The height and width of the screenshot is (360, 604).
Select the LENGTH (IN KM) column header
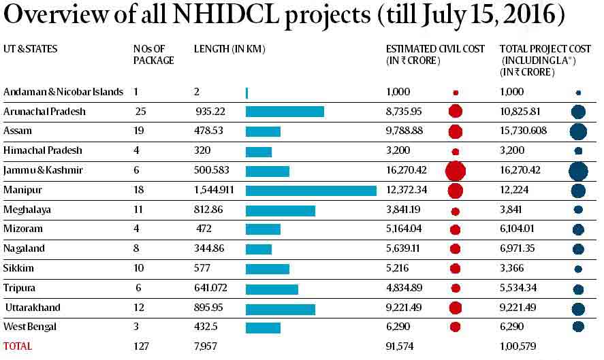[x=229, y=49]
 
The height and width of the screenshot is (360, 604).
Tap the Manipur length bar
[x=311, y=191]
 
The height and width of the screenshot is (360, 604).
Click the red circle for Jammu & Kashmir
[x=455, y=171]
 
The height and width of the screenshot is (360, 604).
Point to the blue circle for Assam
[x=578, y=131]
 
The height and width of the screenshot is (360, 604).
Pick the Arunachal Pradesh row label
[x=45, y=112]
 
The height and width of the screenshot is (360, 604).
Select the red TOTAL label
[x=18, y=346]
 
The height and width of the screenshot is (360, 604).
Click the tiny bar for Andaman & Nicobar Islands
[x=247, y=93]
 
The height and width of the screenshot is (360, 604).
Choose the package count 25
[x=140, y=112]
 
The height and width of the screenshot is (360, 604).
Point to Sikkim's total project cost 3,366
[x=513, y=269]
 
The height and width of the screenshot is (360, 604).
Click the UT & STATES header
[x=31, y=49]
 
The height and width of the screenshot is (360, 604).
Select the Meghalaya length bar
[x=280, y=210]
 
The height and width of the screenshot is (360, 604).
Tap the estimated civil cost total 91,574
[x=401, y=346]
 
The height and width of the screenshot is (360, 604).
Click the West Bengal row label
[x=30, y=327]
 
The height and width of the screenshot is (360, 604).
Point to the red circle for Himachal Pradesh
[x=455, y=151]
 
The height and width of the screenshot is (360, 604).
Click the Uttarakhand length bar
[x=280, y=308]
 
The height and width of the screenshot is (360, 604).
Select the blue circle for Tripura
[x=578, y=289]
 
